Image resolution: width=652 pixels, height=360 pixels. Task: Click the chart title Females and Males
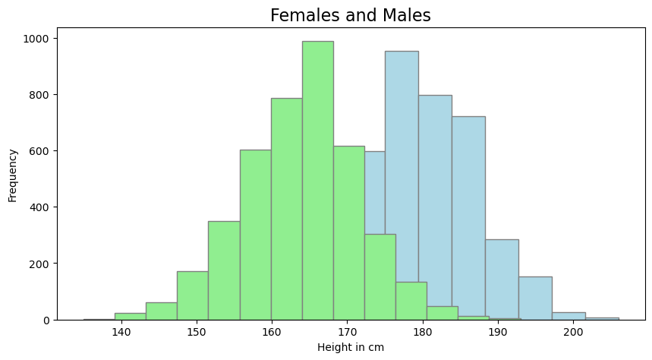[351, 15]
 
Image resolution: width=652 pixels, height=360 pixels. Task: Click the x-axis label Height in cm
[351, 348]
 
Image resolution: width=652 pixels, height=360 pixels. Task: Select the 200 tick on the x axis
[573, 332]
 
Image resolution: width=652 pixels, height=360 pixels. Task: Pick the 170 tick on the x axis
[348, 332]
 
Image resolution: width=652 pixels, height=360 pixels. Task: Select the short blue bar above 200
[569, 316]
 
